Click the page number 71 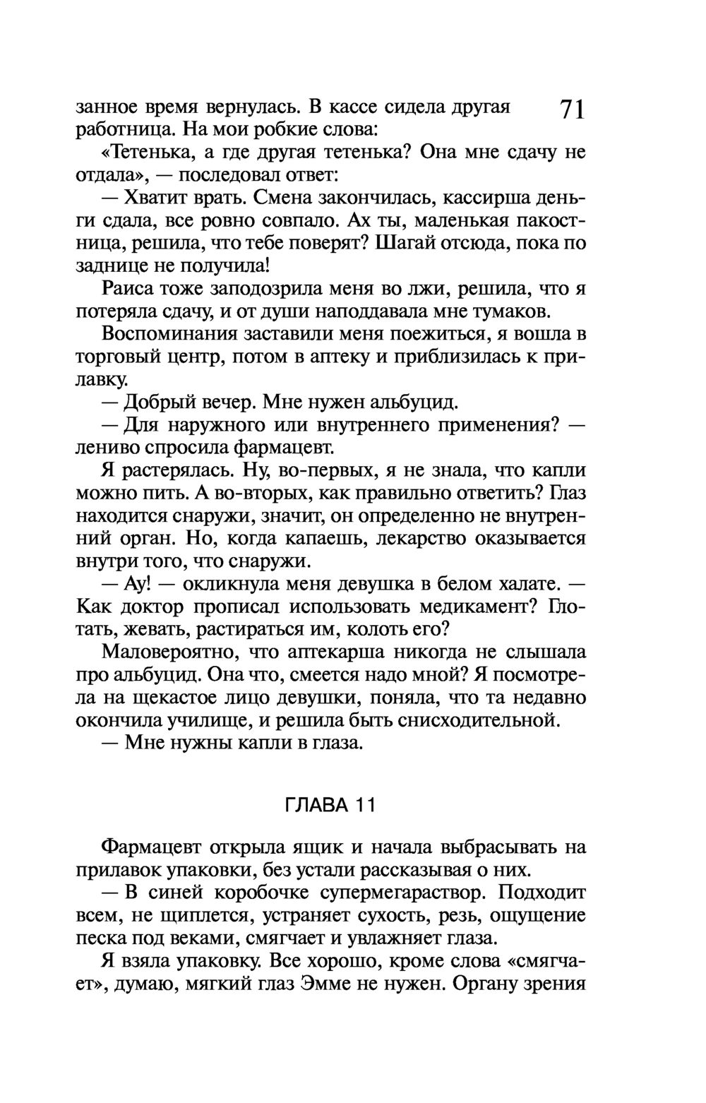(x=573, y=112)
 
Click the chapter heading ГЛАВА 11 (x=329, y=806)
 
